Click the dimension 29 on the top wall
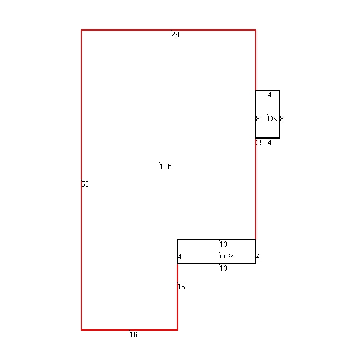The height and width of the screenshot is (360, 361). pos(175,34)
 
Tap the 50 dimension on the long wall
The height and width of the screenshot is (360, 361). pos(85,184)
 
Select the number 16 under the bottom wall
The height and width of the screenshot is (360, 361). pos(133,334)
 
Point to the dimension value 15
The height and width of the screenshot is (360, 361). pos(181,287)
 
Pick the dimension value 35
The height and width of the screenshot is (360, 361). pos(260,143)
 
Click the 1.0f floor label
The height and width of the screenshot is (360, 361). pos(165,166)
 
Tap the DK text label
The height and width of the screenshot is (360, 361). pos(273,119)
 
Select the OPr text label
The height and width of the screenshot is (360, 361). pos(226,257)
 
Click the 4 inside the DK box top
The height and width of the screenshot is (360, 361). pos(270,95)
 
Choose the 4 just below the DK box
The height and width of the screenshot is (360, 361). pos(270,143)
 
